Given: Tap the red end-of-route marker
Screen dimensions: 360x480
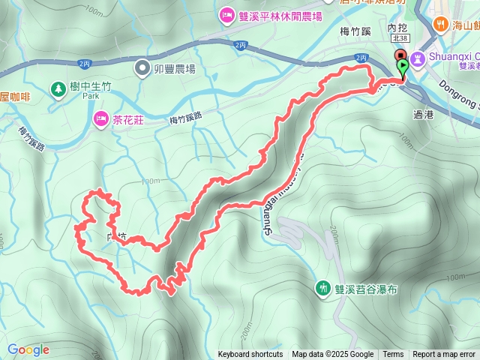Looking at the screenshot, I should click(400, 56).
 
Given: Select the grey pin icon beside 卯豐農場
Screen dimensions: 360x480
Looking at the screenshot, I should click(142, 69).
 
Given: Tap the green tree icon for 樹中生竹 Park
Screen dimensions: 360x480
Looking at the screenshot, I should click(58, 89).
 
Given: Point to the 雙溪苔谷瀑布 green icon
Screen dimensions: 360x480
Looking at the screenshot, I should click(323, 287).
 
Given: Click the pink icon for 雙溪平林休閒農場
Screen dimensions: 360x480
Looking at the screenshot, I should click(226, 15).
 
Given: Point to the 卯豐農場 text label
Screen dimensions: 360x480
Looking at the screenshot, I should click(175, 69).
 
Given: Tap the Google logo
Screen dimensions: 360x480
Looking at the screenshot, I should click(28, 349).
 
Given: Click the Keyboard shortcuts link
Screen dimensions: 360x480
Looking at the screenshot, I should click(250, 355).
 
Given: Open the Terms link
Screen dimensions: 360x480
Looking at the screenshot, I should click(393, 355).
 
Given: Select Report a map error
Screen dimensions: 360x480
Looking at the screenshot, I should click(445, 355).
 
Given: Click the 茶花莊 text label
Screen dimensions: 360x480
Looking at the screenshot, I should click(130, 118).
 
